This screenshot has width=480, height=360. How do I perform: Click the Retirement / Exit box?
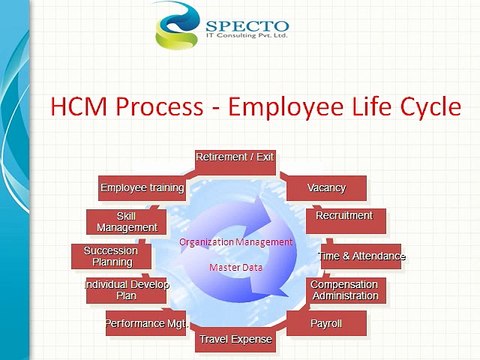(x=235, y=159)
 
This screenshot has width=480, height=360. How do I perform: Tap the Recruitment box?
(x=344, y=216)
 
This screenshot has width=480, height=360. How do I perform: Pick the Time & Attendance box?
(x=361, y=256)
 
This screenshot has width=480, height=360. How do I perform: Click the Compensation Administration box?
(x=344, y=290)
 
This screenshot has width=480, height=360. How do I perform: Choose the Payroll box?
(x=326, y=324)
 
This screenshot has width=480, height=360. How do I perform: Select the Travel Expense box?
(x=235, y=340)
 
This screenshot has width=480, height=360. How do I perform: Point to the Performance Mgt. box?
(x=147, y=324)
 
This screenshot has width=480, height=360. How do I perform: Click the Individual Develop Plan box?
(x=128, y=290)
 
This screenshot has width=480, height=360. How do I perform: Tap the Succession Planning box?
(x=111, y=256)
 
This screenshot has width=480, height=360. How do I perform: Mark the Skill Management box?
(x=127, y=221)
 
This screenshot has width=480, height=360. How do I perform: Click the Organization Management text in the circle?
(x=236, y=242)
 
